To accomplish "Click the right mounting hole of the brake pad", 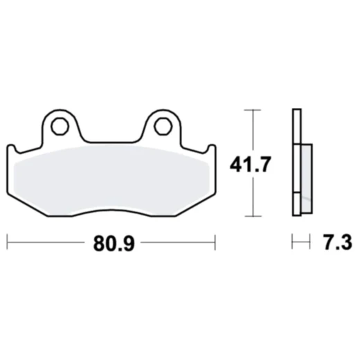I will coord(163,125).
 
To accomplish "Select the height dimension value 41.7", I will coord(246,164).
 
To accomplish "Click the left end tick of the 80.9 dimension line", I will coord(7,242).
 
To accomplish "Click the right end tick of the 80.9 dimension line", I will coord(215,242).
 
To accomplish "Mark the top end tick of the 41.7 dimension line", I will coord(253,111).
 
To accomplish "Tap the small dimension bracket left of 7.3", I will coord(299,242).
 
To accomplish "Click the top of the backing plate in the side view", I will coord(296,112).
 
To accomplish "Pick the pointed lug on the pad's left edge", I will coord(10,147).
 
